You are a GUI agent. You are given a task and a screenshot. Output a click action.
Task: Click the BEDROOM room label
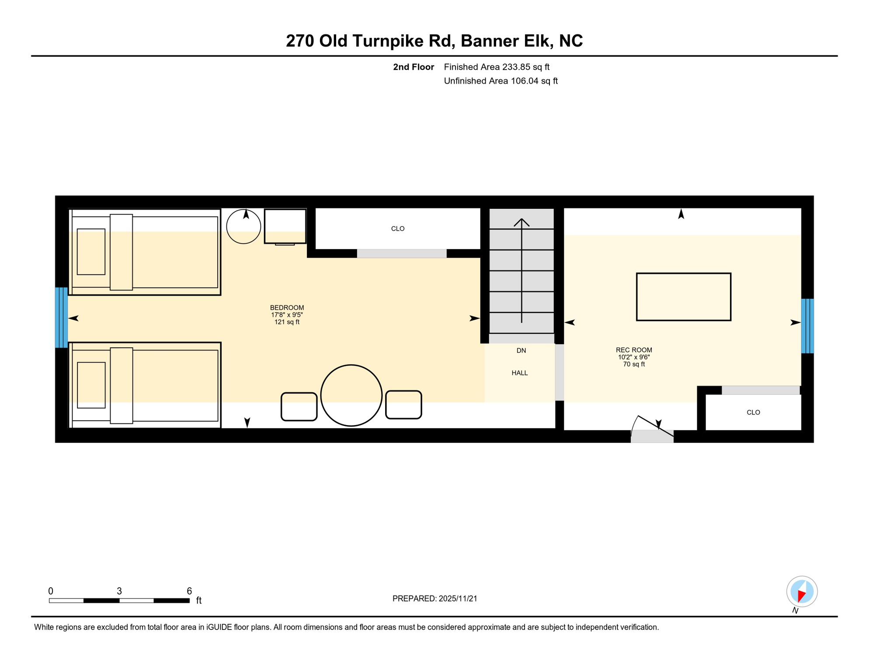(287, 308)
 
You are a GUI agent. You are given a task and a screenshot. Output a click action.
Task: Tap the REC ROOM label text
(634, 350)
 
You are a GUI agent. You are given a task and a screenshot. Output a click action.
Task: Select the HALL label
(520, 373)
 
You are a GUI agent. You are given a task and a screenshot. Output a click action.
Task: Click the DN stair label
(521, 351)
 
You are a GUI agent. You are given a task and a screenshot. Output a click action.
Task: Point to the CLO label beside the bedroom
(398, 229)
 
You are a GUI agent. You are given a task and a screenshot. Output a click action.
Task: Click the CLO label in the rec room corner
(753, 412)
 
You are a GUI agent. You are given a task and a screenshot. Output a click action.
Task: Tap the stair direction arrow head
(521, 222)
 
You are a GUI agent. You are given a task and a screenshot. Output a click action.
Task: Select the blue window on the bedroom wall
(61, 318)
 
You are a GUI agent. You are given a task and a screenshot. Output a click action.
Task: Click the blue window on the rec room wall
(807, 326)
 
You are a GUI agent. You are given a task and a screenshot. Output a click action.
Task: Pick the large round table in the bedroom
(351, 395)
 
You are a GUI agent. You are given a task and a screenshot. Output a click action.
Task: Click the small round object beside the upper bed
(243, 227)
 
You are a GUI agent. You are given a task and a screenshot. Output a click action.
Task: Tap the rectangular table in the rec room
(683, 297)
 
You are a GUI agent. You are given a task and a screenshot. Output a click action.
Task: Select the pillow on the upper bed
(91, 252)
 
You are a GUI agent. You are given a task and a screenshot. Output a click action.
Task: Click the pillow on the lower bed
(91, 385)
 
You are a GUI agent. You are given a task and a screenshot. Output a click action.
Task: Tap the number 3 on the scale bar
(119, 591)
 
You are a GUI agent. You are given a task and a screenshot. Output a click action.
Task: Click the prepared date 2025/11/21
(458, 598)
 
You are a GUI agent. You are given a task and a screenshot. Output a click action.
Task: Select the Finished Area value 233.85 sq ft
(525, 67)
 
